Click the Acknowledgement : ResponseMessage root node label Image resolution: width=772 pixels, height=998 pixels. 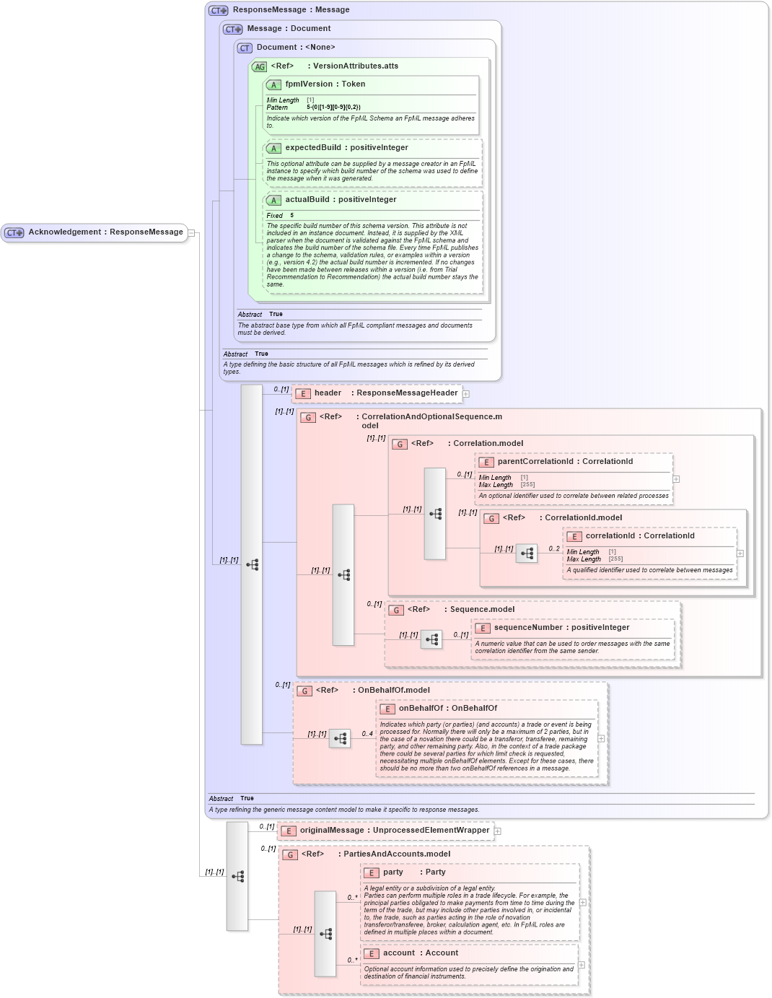105,232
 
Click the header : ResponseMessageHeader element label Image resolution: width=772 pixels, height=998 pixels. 385,393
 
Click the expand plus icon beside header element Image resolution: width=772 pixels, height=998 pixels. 466,394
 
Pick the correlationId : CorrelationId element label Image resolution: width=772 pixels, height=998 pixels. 639,536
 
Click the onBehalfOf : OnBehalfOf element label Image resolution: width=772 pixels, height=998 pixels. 447,709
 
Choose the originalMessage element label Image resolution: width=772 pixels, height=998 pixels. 394,831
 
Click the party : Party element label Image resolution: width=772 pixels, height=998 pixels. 414,872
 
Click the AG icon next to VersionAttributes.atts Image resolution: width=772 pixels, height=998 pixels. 259,67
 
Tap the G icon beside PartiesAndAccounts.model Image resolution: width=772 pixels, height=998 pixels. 290,855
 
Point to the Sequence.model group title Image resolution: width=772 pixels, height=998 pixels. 482,610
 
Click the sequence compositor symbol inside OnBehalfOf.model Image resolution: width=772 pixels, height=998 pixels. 340,738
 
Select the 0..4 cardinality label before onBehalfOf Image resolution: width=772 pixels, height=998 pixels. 367,734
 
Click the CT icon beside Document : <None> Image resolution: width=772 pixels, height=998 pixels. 245,48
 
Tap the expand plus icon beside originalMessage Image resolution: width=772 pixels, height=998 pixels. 498,831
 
